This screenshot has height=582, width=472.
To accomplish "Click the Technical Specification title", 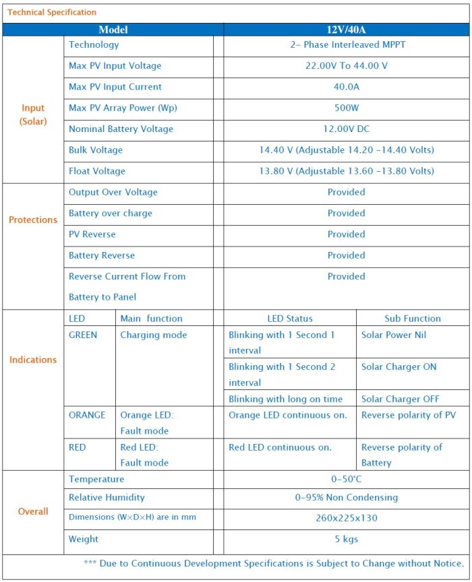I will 52,12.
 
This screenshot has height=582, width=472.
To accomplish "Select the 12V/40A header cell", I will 346,30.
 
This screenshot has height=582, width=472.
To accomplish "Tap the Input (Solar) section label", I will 32,115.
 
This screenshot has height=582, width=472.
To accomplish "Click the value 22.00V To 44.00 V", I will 346,66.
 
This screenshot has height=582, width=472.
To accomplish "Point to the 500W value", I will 346,108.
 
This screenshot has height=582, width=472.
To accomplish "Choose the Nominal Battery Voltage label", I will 121,129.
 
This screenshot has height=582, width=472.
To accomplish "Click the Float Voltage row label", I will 96,171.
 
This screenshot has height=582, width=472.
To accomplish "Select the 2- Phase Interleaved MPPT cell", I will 346,44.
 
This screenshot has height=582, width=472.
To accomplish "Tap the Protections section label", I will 32,220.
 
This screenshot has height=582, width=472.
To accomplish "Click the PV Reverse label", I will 92,234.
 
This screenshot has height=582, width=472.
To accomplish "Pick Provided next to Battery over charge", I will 346,213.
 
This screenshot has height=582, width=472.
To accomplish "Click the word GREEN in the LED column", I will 83,335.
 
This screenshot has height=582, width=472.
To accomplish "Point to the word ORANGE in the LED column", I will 87,415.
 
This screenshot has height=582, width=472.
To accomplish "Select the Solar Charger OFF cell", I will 400,399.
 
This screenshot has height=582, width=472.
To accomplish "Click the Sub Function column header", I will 412,319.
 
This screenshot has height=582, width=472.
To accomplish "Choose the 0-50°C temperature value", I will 346,480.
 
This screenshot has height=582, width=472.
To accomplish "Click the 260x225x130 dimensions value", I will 346,518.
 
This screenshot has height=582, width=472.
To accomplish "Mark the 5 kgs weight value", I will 346,539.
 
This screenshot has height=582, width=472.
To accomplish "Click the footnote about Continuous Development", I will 274,563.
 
